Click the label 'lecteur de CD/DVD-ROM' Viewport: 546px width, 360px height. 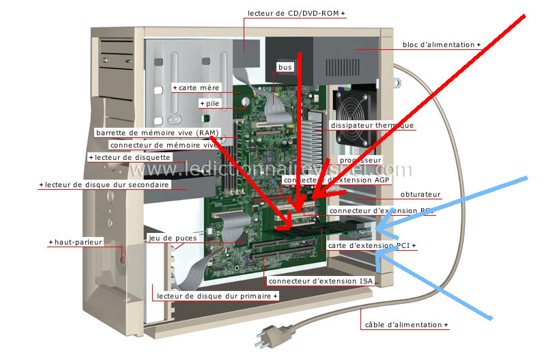[295, 14]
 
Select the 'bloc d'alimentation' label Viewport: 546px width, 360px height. [439, 45]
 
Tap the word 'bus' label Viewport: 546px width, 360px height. [285, 68]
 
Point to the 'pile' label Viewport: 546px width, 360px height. [210, 103]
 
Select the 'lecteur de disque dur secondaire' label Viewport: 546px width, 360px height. [104, 184]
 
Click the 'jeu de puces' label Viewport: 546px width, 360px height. [173, 238]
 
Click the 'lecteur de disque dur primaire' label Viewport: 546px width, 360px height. [216, 296]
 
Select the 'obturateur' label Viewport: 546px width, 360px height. [420, 194]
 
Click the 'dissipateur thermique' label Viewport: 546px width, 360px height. [371, 126]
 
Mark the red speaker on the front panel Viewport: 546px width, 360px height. [123, 258]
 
